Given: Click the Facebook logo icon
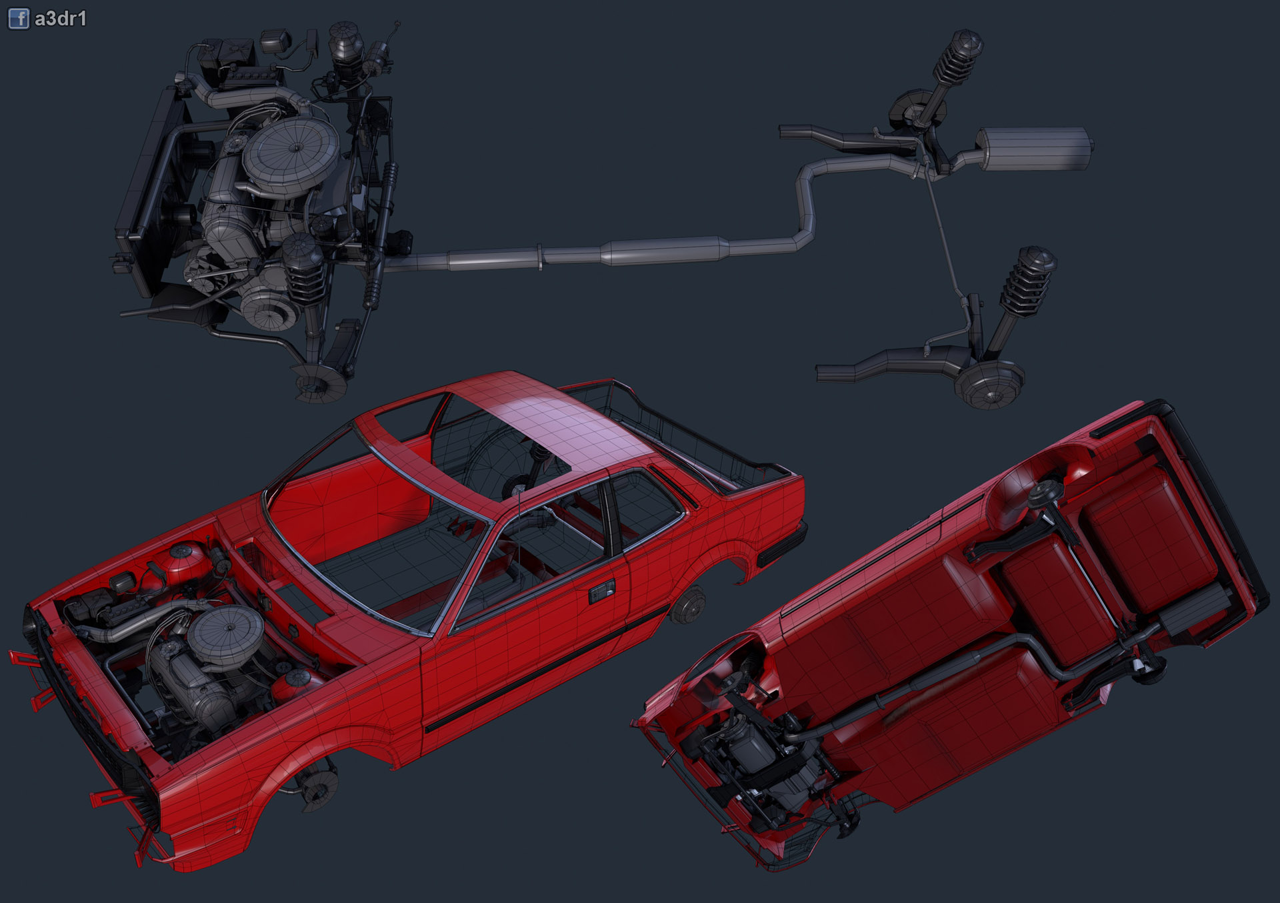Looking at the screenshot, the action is click(19, 19).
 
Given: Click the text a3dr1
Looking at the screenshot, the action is click(61, 19).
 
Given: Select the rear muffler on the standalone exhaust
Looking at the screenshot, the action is click(1034, 148).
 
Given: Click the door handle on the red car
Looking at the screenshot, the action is click(601, 590).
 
